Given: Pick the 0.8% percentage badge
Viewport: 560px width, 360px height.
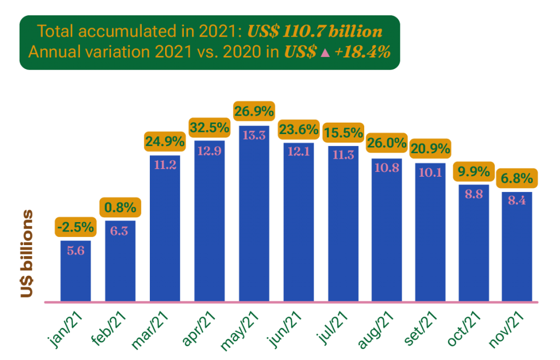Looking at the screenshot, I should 120,208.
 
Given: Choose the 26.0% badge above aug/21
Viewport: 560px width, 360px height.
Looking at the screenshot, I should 387,144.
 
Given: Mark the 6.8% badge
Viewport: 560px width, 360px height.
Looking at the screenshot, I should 517,178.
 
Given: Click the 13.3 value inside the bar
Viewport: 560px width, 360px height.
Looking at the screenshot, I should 254,135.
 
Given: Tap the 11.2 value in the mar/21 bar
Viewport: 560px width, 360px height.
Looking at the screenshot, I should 165,165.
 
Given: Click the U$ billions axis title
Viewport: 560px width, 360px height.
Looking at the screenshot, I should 26,253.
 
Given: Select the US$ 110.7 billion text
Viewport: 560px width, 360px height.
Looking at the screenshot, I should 314,31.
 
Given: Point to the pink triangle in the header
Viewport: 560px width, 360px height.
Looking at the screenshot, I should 325,53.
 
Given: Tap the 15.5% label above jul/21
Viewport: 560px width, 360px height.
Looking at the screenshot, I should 343,132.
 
